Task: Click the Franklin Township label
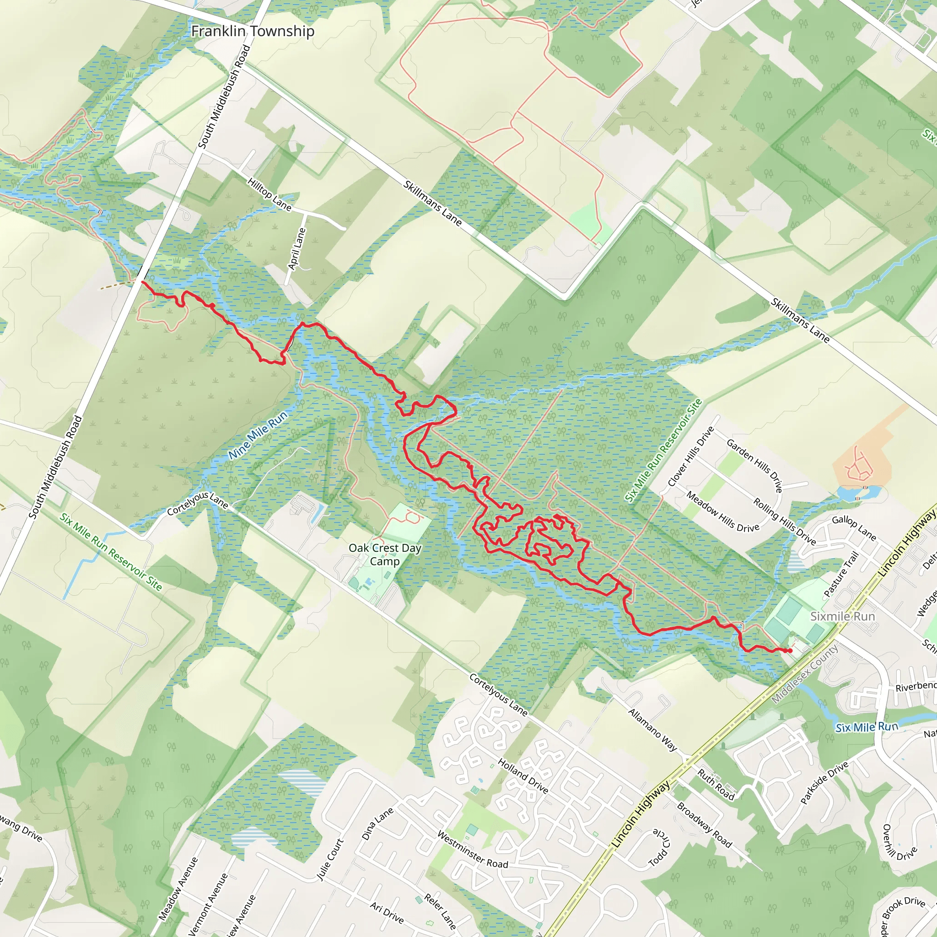point(253,32)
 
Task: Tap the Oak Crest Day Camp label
point(385,555)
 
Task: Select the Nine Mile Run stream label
point(258,435)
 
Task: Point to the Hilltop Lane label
point(269,194)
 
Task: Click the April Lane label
point(296,249)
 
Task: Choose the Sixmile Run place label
point(842,616)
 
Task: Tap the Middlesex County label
point(805,674)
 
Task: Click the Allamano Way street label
point(652,729)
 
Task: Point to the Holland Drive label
point(523,776)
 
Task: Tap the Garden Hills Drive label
point(754,466)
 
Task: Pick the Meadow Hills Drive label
point(722,512)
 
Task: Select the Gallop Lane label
point(854,528)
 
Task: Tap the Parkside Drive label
point(824,783)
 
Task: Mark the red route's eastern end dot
point(790,651)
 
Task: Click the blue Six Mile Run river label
point(867,727)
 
